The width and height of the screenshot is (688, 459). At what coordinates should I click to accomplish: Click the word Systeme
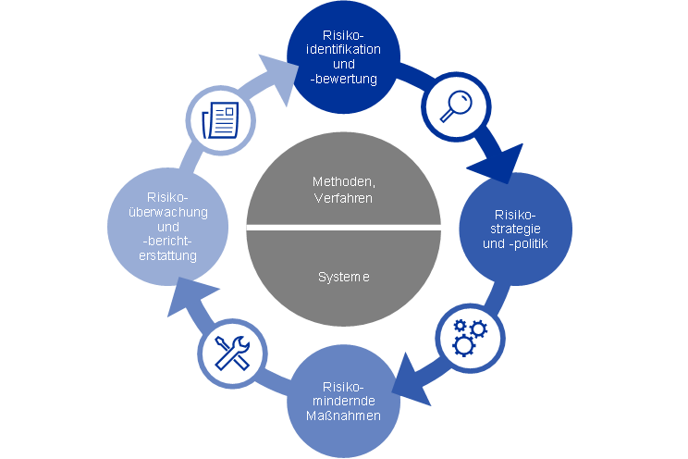[x=343, y=277]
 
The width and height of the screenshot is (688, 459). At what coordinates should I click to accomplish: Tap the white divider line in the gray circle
[x=343, y=228]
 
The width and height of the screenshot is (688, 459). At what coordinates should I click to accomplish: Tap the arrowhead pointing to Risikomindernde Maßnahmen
[x=411, y=385]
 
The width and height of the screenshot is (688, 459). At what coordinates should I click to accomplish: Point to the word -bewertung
[x=344, y=80]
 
